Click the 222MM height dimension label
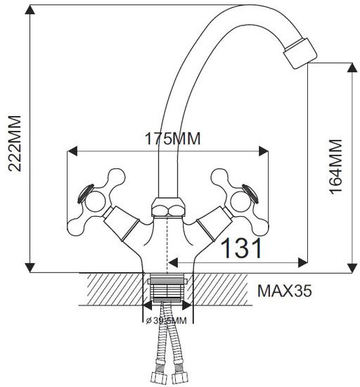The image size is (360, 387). click(x=15, y=143)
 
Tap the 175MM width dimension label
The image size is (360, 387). click(x=172, y=139)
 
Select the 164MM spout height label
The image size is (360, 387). click(x=335, y=167)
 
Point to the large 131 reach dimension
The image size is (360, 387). click(x=241, y=248)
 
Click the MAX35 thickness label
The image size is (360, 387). click(x=284, y=291)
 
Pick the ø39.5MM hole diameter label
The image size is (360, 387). click(x=166, y=321)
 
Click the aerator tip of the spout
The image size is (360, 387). click(x=300, y=53)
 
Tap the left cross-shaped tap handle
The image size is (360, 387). click(x=96, y=202)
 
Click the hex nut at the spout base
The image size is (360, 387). click(x=168, y=207)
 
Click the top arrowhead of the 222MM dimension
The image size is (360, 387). click(x=30, y=9)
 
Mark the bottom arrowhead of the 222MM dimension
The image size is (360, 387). click(x=30, y=268)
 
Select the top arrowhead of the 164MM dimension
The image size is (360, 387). click(x=352, y=68)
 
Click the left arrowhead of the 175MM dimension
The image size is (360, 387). click(x=72, y=151)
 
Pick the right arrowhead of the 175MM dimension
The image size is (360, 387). click(x=264, y=151)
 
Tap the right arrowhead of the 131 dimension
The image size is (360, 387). click(x=302, y=262)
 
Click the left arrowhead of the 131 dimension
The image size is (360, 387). click(x=173, y=262)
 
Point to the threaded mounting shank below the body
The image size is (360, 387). click(x=167, y=288)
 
